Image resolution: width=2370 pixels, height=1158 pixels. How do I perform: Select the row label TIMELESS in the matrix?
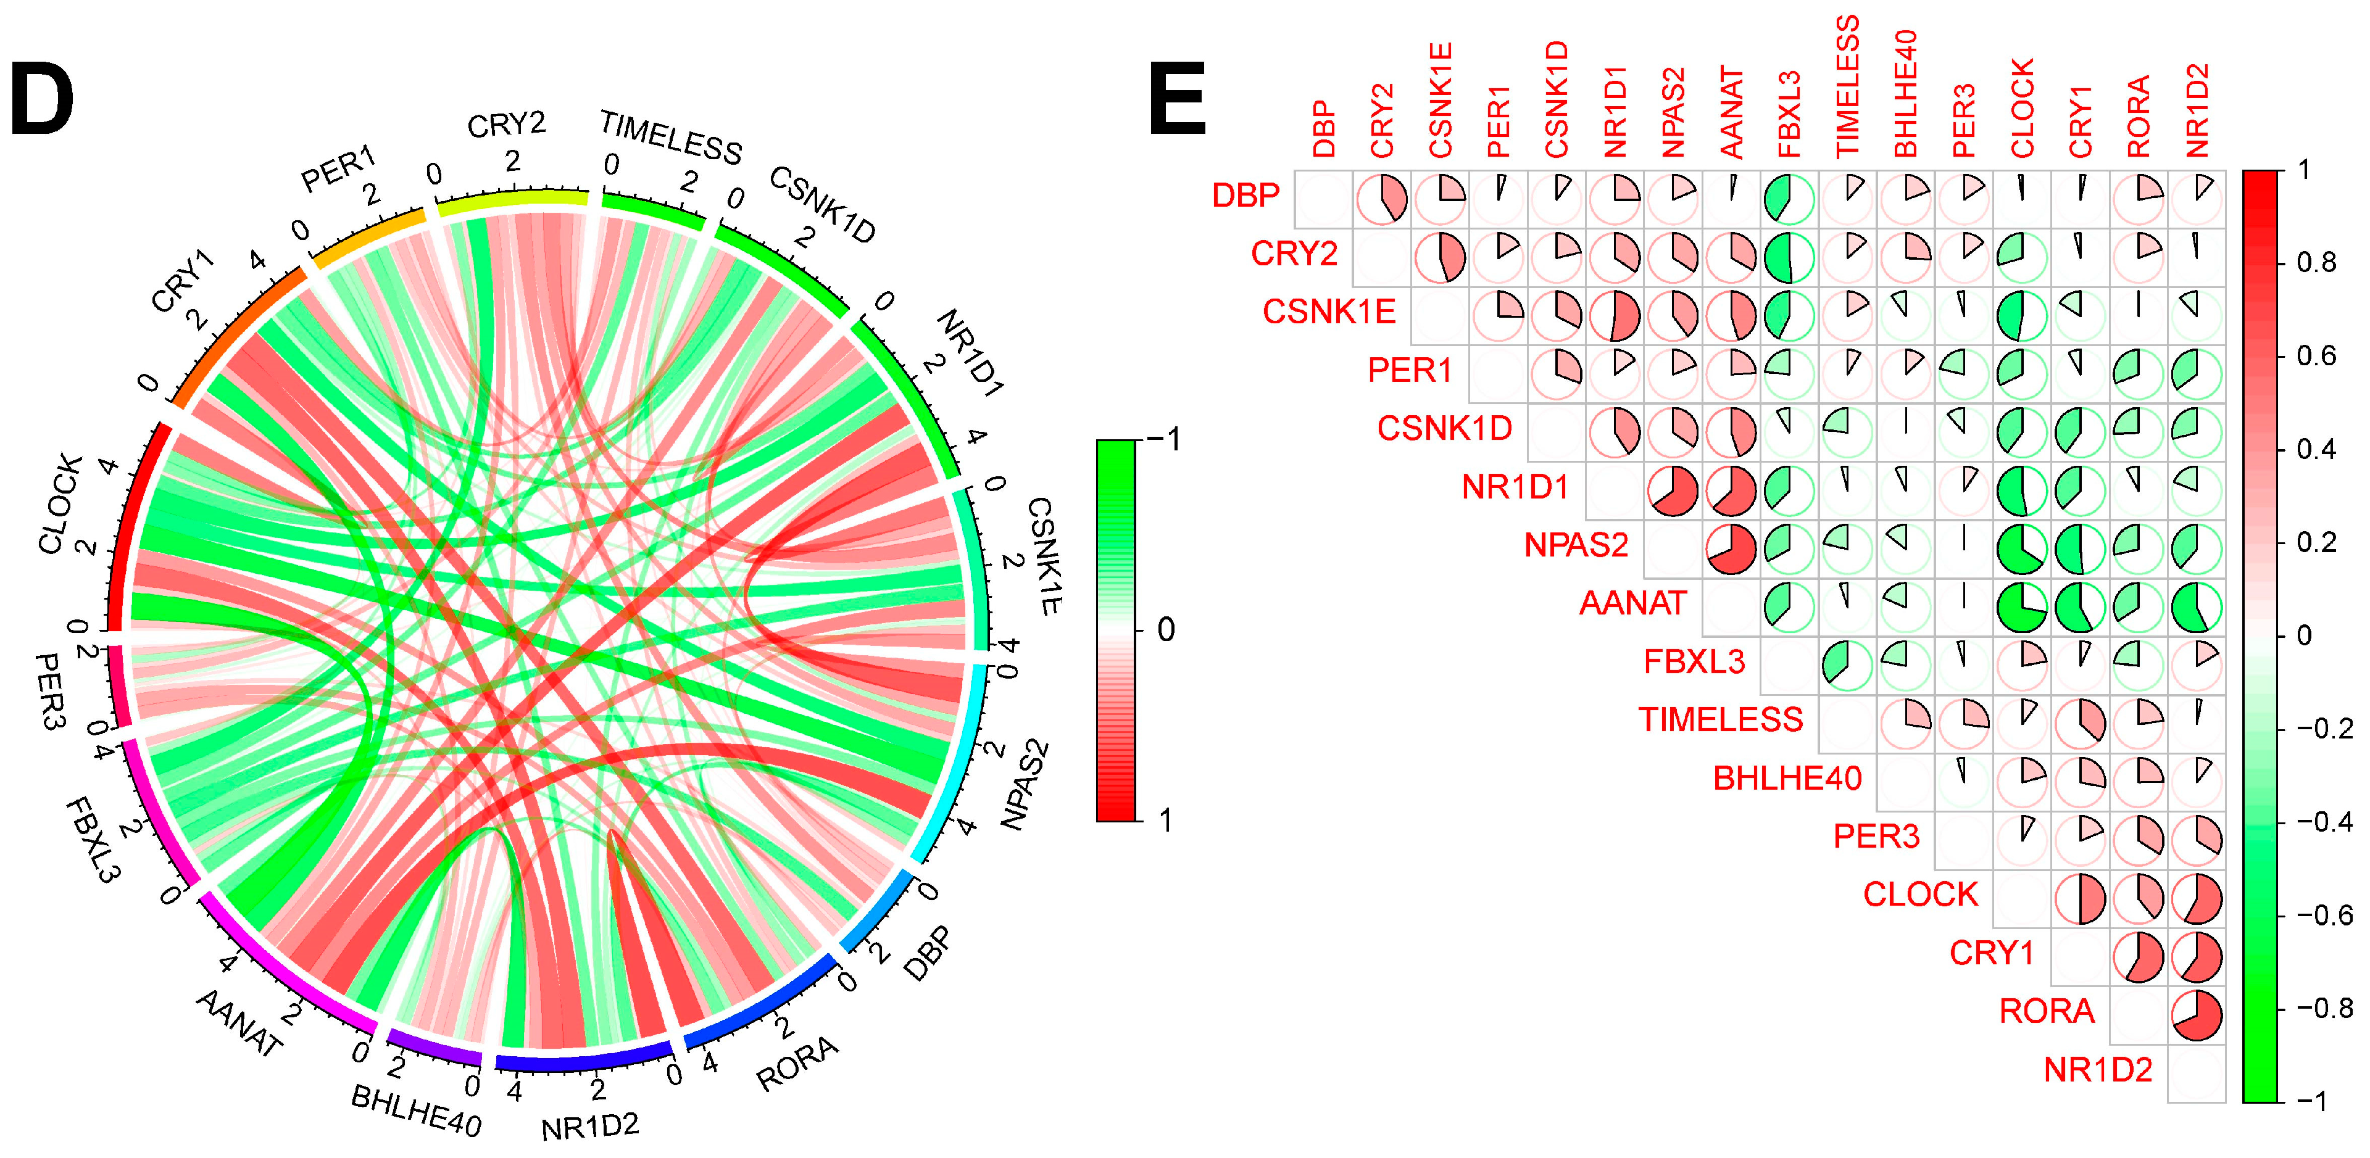(x=1721, y=719)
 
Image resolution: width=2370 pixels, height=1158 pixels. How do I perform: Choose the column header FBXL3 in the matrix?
(x=1789, y=115)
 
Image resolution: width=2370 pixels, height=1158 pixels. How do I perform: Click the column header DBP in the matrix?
(x=1323, y=129)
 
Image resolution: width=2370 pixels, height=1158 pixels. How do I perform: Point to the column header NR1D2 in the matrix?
(x=2197, y=110)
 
